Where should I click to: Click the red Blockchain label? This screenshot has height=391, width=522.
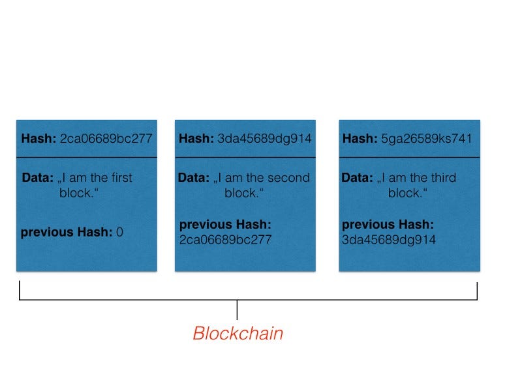(238, 334)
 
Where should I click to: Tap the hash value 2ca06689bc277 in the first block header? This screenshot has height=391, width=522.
(106, 138)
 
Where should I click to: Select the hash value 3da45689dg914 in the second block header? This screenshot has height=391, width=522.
(265, 138)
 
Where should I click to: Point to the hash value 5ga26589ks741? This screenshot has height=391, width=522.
(427, 138)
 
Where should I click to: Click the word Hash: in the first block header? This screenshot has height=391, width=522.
(38, 138)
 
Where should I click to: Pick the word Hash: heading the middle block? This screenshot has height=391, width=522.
(196, 138)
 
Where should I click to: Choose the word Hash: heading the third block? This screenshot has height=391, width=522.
(360, 138)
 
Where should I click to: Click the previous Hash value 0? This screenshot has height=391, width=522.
(119, 231)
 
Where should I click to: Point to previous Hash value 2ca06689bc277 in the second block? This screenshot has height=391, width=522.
(225, 240)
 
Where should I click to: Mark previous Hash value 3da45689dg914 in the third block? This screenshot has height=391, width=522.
(389, 240)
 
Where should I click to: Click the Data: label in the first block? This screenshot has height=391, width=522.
(36, 178)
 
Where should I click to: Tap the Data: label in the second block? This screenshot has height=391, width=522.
(194, 178)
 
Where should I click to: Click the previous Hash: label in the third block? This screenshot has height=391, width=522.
(388, 225)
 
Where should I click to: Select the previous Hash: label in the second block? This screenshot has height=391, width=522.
(225, 225)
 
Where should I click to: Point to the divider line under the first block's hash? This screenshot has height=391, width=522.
(87, 158)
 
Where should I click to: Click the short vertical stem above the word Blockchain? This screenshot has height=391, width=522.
(238, 309)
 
